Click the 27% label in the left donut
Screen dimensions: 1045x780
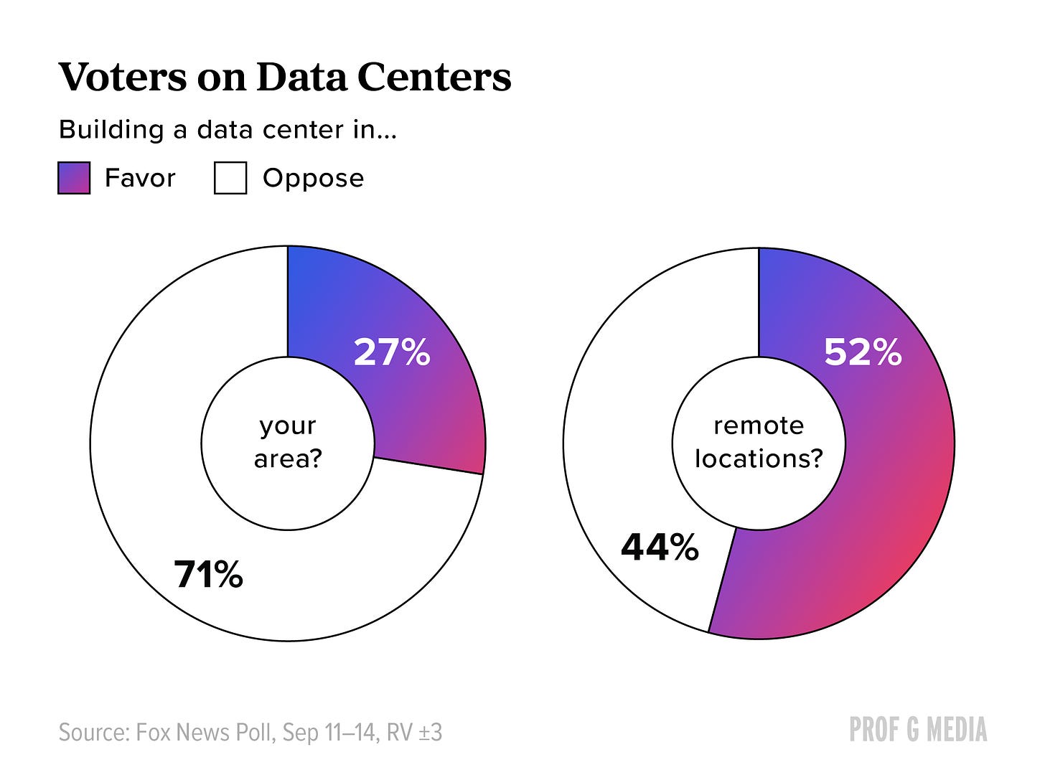[392, 352]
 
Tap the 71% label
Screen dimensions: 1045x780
[209, 574]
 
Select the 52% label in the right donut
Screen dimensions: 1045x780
[863, 352]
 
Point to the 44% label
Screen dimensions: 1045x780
[660, 547]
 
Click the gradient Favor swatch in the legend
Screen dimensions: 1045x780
[74, 178]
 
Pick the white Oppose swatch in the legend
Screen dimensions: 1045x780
[230, 178]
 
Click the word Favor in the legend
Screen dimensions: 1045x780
[140, 178]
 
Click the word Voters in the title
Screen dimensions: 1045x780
[123, 77]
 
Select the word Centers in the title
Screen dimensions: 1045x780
[434, 77]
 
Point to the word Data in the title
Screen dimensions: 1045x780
[302, 77]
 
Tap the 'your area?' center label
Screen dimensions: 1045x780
[288, 443]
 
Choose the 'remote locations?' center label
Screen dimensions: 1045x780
[759, 442]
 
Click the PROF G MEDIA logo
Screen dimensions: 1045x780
[918, 730]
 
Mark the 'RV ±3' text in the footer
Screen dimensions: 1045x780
[414, 733]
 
